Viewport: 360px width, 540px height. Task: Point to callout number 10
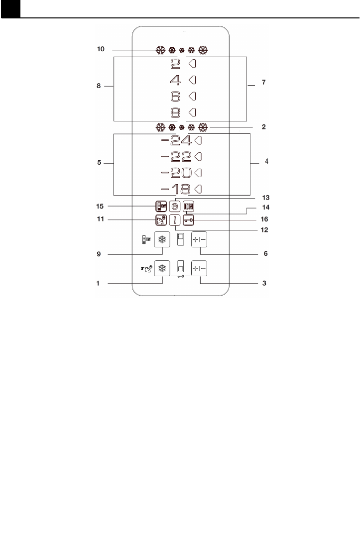[101, 50]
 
